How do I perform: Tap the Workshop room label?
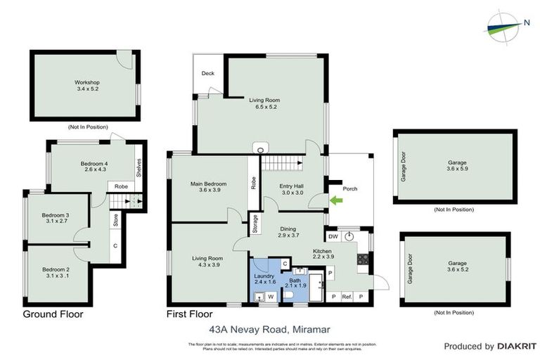point(87,83)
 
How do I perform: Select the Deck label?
point(207,73)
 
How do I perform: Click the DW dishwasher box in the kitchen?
point(333,237)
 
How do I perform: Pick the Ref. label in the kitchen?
point(347,296)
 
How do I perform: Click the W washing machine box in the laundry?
point(271,297)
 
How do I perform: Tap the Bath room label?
point(296,281)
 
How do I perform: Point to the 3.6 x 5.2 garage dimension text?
point(457,269)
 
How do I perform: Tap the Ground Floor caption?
point(53,314)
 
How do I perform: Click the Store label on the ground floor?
point(115,219)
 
